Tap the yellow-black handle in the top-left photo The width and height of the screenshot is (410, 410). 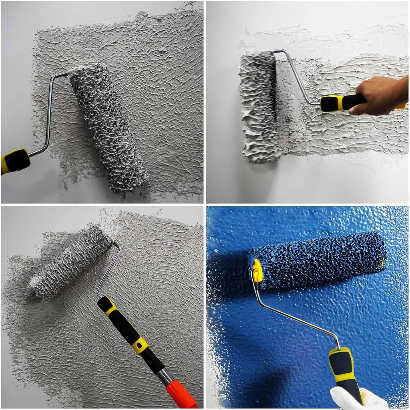(15, 161)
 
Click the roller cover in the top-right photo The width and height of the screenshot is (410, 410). (259, 107)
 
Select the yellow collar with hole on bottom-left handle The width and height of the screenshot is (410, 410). (140, 345)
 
